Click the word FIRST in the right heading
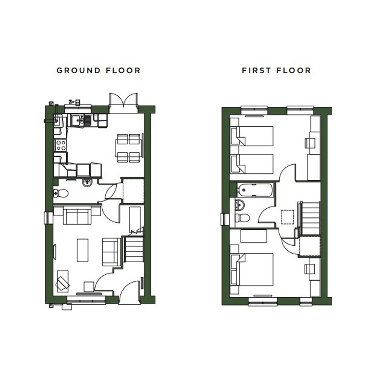tap(256, 71)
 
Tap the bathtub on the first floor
tap(255, 190)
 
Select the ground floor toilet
tap(61, 193)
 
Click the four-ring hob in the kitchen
tap(60, 145)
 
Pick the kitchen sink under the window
tap(81, 120)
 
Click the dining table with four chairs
tap(129, 148)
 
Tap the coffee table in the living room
tap(83, 250)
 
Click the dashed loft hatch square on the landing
tap(287, 217)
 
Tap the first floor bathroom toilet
tap(242, 217)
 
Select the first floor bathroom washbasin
tap(240, 205)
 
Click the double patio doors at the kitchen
tap(123, 100)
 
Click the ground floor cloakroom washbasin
tap(87, 183)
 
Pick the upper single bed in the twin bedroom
tap(252, 136)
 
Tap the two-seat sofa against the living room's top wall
tap(77, 216)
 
